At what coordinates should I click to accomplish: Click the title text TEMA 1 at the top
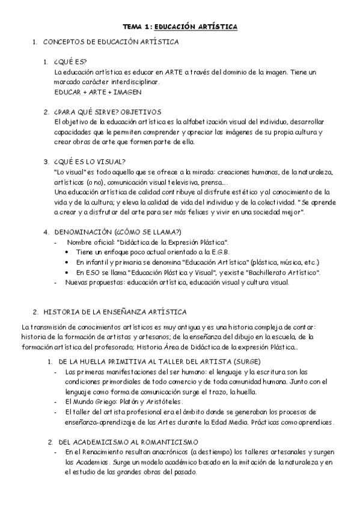point(137,27)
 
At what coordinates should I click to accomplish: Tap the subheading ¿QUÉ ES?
point(70,62)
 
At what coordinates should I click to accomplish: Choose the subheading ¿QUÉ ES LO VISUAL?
point(88,161)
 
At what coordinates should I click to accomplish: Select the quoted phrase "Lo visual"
point(67,171)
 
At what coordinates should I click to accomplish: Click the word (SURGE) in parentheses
point(245,361)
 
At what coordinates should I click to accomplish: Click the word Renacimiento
point(101,452)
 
